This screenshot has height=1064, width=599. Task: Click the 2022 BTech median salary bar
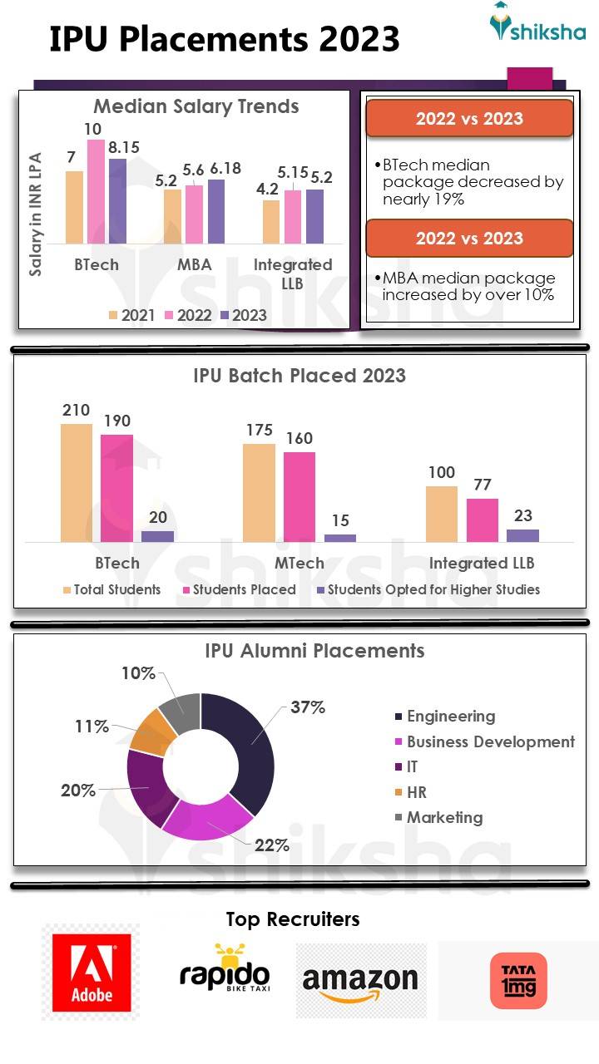pyautogui.click(x=96, y=192)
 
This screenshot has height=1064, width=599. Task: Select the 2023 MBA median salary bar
pyautogui.click(x=215, y=212)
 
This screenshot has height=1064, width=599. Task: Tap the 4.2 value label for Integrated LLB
pyautogui.click(x=267, y=189)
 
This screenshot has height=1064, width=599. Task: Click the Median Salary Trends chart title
pyautogui.click(x=196, y=106)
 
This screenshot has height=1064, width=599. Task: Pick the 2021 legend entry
pyautogui.click(x=131, y=315)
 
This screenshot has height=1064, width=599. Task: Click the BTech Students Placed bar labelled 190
pyautogui.click(x=116, y=488)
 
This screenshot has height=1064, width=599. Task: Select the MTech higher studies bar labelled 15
pyautogui.click(x=339, y=538)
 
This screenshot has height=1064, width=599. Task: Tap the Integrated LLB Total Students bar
pyautogui.click(x=441, y=514)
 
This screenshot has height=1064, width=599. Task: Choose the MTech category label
pyautogui.click(x=299, y=563)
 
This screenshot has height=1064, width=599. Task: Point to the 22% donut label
pyautogui.click(x=272, y=845)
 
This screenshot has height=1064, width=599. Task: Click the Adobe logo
pyautogui.click(x=92, y=972)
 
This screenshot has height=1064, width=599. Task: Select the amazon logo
pyautogui.click(x=360, y=982)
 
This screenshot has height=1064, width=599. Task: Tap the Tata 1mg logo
pyautogui.click(x=518, y=981)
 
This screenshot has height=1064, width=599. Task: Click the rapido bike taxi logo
pyautogui.click(x=225, y=969)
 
